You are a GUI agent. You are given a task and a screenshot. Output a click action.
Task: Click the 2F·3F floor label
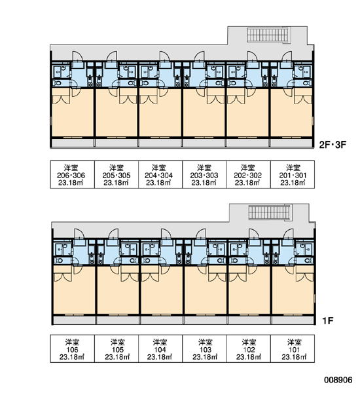pos(333,145)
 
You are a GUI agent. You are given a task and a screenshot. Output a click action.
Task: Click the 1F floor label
pos(328,320)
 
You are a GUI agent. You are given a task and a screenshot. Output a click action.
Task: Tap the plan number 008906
pos(338,380)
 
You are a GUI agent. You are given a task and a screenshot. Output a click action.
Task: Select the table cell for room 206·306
pos(73,174)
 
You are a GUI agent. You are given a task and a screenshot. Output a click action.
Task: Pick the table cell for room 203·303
pos(204,174)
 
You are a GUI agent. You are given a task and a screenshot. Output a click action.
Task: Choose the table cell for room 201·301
pos(293,174)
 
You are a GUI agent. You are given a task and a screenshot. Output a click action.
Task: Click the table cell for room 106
pos(73,348)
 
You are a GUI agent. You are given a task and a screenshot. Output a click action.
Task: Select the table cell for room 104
pos(160,348)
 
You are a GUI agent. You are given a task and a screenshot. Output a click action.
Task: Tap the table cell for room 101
pos(293,348)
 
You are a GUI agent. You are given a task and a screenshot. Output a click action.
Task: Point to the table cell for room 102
pos(249,348)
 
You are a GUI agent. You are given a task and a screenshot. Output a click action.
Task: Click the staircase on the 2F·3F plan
pos(268,35)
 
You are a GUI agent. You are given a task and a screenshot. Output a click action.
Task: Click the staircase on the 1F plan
pos(270,212)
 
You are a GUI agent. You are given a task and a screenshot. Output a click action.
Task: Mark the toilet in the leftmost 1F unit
pos(59,261)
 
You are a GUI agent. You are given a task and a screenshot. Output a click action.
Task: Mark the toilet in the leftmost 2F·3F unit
pos(57,83)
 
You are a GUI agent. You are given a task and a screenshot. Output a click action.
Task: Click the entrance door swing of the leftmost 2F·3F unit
pos(77,56)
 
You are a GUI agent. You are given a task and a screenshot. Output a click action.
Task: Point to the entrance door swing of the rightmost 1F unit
pos(289,234)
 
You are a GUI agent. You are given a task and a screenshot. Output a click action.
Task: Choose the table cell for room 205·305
pos(117,174)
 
